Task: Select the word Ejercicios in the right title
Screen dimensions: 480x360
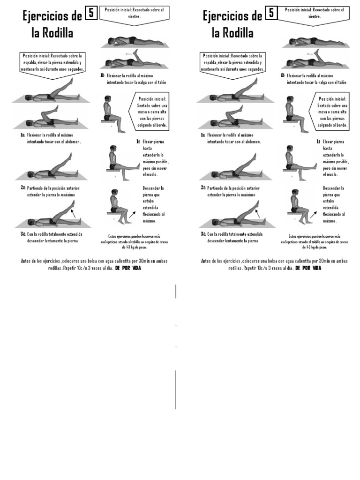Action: point(226,17)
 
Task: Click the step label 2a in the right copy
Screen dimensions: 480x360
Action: point(202,187)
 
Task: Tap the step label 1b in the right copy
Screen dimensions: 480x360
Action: point(283,75)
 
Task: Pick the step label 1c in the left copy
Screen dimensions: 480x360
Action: point(138,142)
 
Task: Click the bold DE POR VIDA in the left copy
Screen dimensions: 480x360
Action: point(127,268)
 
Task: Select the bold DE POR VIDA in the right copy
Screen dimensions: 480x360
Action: point(308,268)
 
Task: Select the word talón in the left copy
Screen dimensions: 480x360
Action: point(161,82)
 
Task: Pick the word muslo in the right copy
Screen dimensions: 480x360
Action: point(329,174)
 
